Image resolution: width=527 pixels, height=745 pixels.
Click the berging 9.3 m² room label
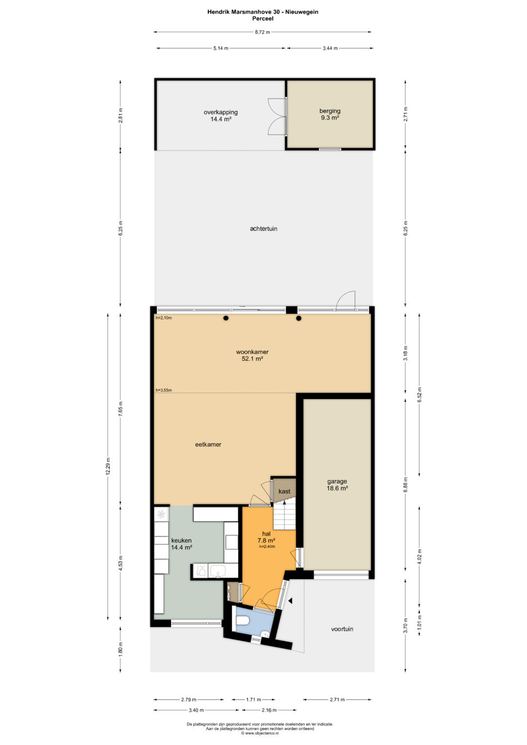pos(329,114)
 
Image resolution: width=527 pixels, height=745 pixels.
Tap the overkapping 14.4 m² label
pos(221,116)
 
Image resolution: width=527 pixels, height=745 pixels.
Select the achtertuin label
pos(263,228)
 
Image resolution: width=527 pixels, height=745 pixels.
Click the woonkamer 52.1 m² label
pos(252,355)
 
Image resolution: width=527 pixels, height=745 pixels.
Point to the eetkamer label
pos(208,444)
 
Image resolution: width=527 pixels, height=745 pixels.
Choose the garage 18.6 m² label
pos(337,484)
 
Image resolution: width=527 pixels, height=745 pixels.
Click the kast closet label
pos(284,491)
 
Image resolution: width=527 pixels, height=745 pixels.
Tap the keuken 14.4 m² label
pos(182,544)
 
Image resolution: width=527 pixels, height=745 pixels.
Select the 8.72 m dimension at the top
pos(262,32)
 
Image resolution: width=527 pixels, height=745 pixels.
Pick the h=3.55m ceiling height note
pos(163,390)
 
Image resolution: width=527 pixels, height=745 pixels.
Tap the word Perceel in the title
pos(263,19)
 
